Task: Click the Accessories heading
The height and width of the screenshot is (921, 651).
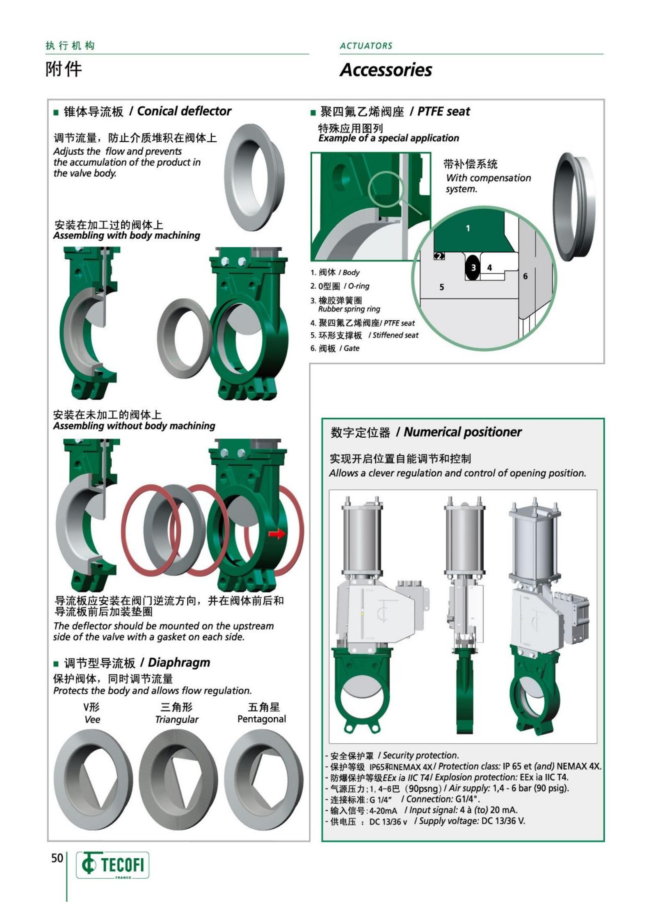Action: point(386,70)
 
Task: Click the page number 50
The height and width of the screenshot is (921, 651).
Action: point(57,858)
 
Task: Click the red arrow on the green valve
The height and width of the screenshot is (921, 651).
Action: point(277,534)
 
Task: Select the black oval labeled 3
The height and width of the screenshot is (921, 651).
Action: point(473,267)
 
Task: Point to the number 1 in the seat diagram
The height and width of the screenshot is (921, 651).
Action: point(468,229)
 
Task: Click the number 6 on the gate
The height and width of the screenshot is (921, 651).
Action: point(525,277)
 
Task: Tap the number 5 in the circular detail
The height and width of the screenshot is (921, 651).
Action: point(441,287)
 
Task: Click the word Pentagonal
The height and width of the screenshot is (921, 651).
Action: point(262,719)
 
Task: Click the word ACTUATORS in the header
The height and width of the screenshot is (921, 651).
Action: point(366,46)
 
